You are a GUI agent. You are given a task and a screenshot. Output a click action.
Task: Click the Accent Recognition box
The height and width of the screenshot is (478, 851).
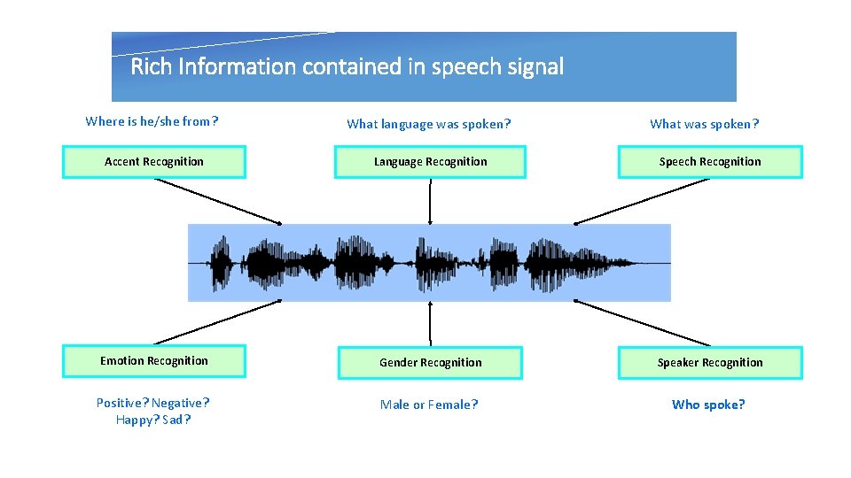pos(153,162)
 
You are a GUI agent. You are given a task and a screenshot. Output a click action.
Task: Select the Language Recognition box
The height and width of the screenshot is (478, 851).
pos(430,162)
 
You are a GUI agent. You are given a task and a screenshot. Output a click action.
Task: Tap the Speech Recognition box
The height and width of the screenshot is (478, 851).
pos(709,162)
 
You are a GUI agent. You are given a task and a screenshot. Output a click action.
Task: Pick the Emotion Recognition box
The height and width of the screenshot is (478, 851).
pos(153,361)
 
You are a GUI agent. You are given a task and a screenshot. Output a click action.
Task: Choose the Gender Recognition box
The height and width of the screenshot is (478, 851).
pos(430,363)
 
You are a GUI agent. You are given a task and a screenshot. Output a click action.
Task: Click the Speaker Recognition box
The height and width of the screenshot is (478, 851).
pos(709,363)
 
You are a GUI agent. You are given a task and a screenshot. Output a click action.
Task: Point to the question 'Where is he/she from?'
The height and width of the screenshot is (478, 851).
pos(152,122)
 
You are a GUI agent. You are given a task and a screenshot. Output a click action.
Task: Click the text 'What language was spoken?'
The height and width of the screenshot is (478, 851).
pos(428,124)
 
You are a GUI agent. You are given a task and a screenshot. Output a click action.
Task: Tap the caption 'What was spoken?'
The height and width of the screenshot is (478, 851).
pos(704,124)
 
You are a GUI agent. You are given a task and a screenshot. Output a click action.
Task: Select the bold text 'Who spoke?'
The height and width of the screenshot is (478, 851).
pos(708,405)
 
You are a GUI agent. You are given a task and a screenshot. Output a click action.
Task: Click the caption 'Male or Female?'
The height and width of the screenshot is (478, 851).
pos(428,405)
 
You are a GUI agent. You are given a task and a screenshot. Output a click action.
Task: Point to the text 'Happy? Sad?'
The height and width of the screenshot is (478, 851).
pos(152,420)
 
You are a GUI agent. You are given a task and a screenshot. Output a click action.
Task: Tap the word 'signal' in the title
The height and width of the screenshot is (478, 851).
pos(536,66)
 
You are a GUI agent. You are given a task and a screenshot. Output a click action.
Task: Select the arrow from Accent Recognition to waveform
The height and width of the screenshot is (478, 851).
pos(218,201)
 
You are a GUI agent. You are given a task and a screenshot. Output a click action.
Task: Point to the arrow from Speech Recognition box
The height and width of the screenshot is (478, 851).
pos(642,201)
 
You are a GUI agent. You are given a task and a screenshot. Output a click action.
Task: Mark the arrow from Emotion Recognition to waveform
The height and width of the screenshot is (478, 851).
pos(218,322)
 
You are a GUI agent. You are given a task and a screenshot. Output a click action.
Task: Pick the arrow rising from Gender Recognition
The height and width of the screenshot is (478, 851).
pos(430,323)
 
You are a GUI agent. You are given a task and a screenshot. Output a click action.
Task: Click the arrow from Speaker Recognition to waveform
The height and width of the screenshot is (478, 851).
pos(642,322)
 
